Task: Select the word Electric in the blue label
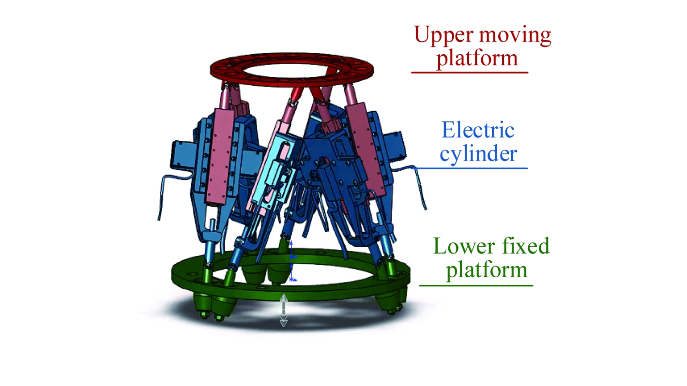pos(478,130)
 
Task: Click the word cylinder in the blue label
pos(478,154)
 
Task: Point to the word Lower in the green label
pos(460,246)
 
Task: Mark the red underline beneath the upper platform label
pos(470,73)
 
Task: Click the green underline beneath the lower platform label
pos(476,285)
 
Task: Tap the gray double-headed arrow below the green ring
pos(284,310)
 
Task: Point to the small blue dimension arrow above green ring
pos(291,260)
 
